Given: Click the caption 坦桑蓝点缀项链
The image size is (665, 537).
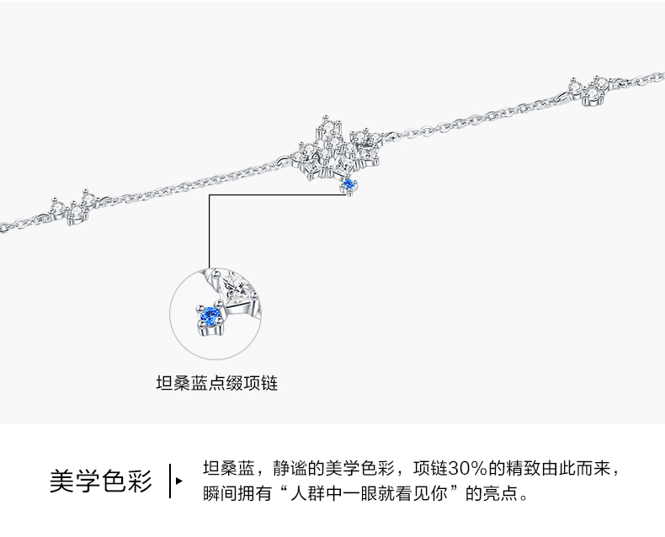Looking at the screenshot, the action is click(x=217, y=384).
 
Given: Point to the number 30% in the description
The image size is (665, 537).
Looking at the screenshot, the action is click(x=460, y=468).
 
